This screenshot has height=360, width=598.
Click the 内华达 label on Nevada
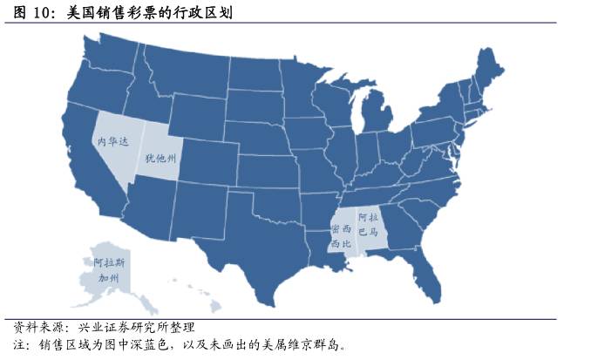(x=110, y=139)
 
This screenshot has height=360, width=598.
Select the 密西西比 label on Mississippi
(x=341, y=236)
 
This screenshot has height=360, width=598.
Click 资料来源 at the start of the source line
(x=36, y=327)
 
